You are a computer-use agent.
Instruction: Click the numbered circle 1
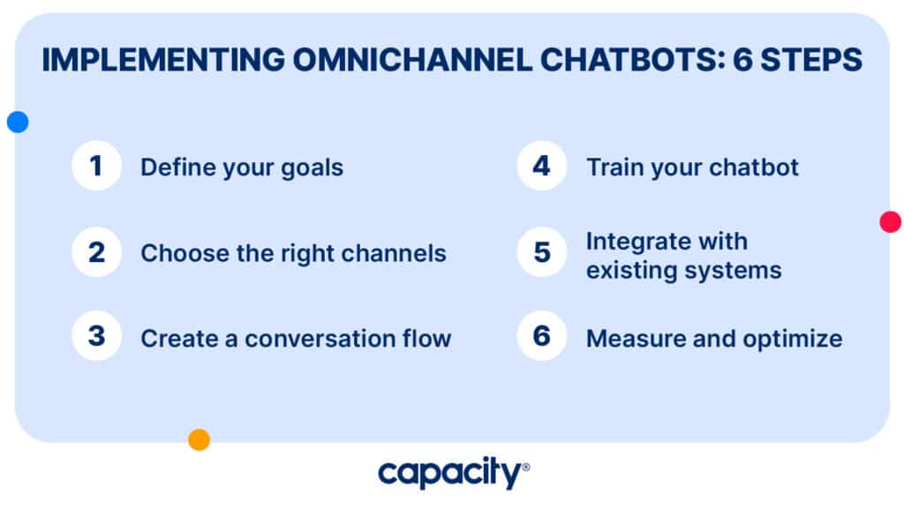(96, 166)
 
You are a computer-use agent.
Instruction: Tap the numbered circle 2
(96, 252)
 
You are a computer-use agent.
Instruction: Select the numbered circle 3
(96, 336)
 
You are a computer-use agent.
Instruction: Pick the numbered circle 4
(542, 166)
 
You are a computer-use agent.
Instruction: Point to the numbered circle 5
(542, 252)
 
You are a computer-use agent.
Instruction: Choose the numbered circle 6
(542, 336)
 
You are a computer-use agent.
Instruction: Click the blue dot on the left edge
(18, 122)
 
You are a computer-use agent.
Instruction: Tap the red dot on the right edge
(891, 221)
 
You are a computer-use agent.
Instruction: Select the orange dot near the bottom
(199, 439)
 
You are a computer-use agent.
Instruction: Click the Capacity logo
(454, 473)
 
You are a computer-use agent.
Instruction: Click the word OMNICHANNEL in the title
(412, 60)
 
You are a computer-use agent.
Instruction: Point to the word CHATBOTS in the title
(633, 60)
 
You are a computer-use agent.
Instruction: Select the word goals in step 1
(312, 168)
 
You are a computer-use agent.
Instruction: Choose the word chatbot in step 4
(754, 168)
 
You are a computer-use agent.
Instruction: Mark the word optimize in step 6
(793, 340)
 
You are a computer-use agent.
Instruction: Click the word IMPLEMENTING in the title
(163, 60)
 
